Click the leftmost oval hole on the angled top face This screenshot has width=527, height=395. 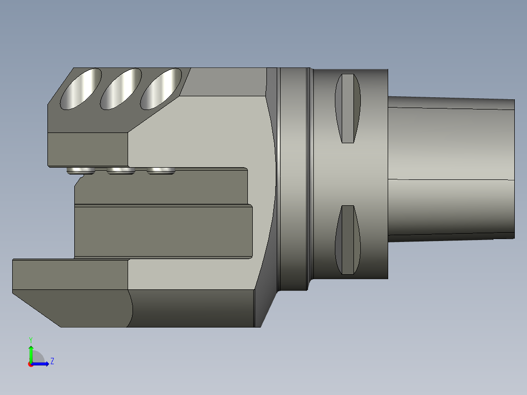pos(81,89)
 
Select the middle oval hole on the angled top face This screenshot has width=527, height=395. pos(121,89)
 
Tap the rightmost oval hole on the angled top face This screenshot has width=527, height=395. pos(161,89)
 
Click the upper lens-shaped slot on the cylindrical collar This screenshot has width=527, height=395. pos(348,108)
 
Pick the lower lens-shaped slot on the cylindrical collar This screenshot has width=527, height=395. pos(348,240)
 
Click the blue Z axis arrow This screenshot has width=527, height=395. pos(40,364)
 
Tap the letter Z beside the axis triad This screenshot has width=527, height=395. pos(52,361)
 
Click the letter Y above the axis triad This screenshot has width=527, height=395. pos(31,340)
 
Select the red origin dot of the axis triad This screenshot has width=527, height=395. pos(31,364)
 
